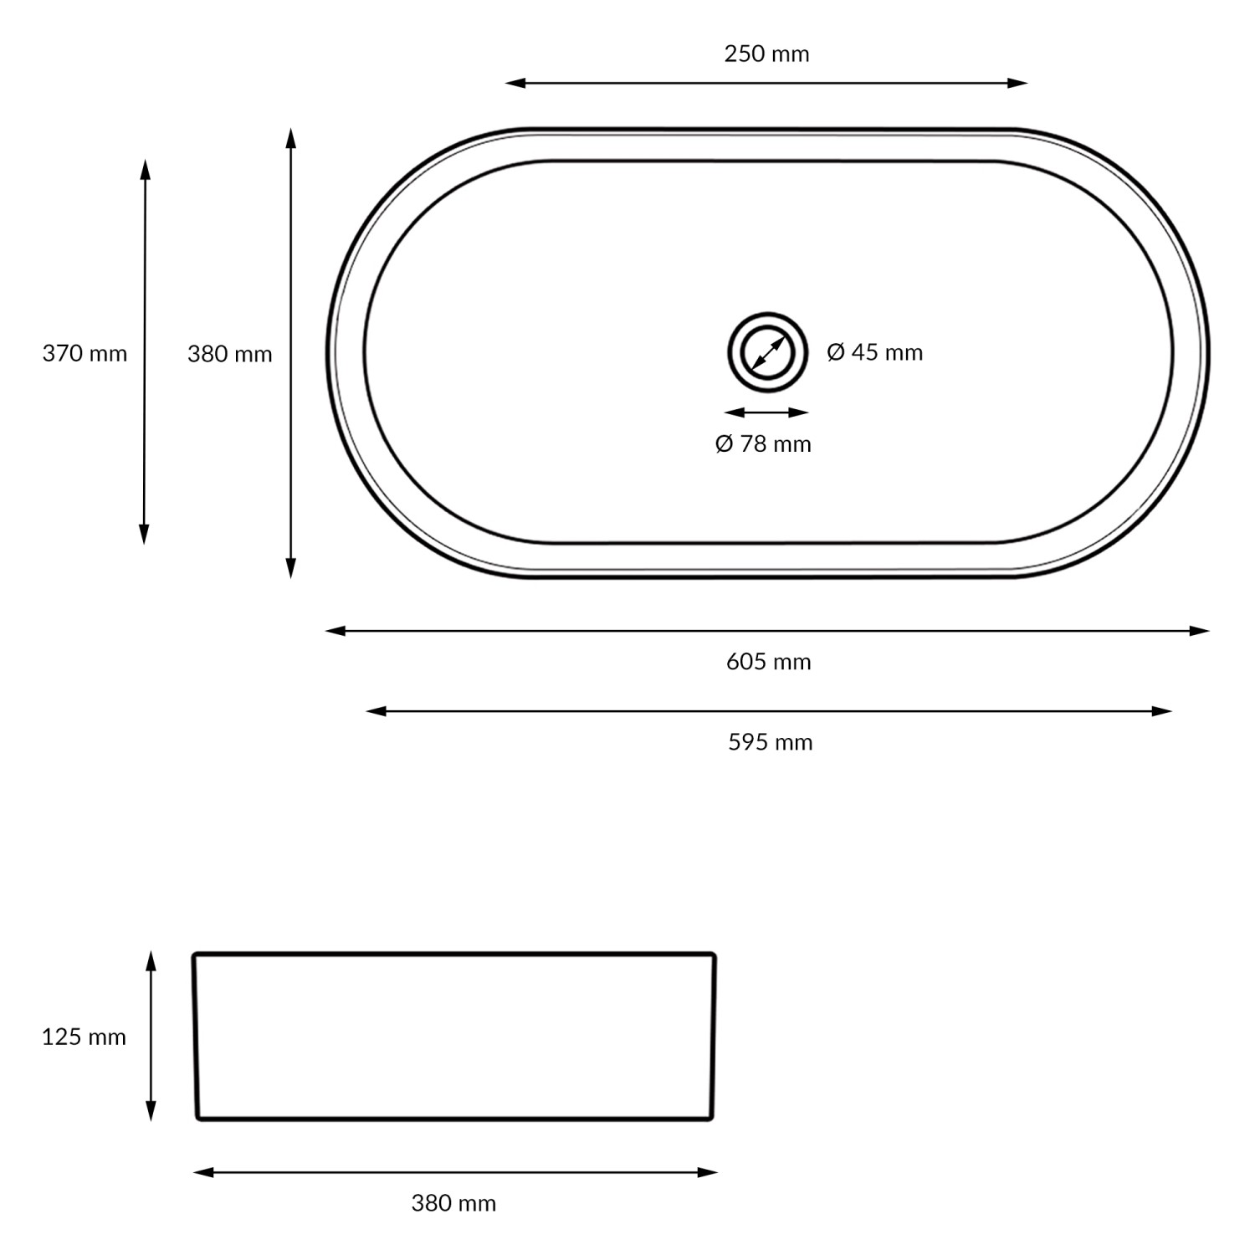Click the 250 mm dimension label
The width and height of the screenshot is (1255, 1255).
point(766,54)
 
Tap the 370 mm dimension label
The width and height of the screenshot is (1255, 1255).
point(85,354)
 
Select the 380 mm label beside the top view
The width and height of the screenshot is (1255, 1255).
point(229,355)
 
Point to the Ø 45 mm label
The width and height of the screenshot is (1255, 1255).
point(874,352)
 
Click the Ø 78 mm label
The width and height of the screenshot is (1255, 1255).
point(763,443)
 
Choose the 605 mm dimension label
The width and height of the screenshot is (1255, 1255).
point(768,662)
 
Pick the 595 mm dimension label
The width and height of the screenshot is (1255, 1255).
point(770,742)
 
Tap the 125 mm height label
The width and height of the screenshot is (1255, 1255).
point(84,1037)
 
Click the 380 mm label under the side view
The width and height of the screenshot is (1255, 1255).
point(453,1203)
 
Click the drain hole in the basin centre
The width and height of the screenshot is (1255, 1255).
point(767,353)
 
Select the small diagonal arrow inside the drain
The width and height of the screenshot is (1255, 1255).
point(767,353)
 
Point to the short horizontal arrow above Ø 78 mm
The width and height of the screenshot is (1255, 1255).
point(766,412)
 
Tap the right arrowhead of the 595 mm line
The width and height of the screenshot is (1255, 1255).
point(1162,711)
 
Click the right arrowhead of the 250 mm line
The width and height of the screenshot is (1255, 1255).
point(1018,83)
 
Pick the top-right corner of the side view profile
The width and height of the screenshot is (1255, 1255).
point(713,955)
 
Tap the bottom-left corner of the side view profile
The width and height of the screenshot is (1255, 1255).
point(198,1117)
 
